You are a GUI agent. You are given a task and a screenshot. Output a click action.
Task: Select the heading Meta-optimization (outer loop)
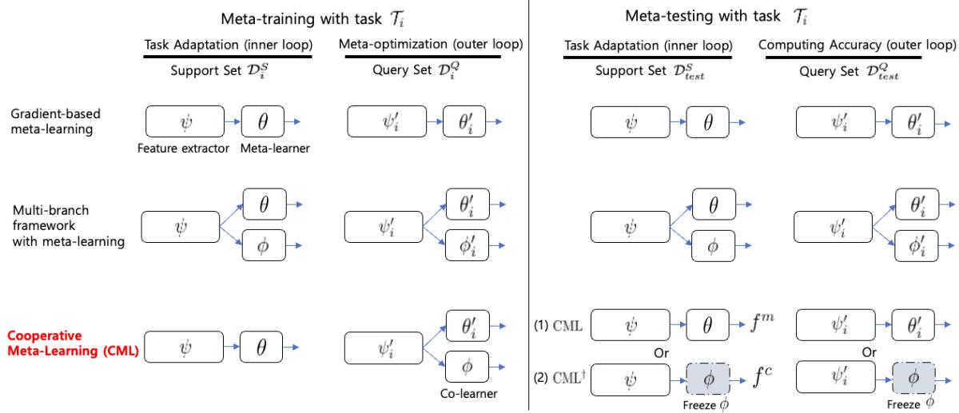point(432,45)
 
